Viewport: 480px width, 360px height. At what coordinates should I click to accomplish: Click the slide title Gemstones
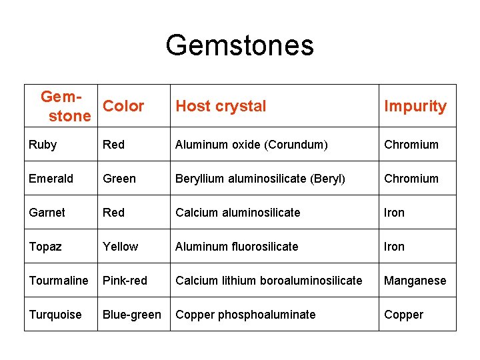[239, 45]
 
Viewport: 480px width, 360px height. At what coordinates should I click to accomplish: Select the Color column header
[123, 106]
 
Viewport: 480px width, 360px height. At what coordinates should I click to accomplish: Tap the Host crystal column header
[221, 106]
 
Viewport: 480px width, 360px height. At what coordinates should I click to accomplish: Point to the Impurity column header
[415, 106]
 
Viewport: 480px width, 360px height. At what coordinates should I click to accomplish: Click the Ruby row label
[43, 145]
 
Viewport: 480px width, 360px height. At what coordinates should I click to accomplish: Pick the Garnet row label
[47, 213]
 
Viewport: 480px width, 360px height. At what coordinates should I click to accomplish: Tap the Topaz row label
[45, 247]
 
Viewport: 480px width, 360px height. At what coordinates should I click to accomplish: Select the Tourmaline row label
[59, 281]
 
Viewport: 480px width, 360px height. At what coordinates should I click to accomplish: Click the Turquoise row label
[55, 315]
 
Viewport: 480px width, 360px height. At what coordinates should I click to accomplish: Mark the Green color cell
[119, 179]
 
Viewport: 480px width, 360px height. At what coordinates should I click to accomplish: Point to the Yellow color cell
[121, 247]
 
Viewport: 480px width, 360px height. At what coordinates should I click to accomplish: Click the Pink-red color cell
[125, 281]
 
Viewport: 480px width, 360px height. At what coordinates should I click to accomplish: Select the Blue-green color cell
[131, 315]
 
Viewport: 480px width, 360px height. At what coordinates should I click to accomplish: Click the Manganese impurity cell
[415, 281]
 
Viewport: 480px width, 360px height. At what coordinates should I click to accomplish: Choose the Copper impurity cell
[403, 315]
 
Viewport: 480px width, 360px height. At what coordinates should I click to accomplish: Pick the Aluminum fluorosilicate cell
[237, 247]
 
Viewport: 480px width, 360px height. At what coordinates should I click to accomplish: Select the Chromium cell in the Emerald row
[411, 179]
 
